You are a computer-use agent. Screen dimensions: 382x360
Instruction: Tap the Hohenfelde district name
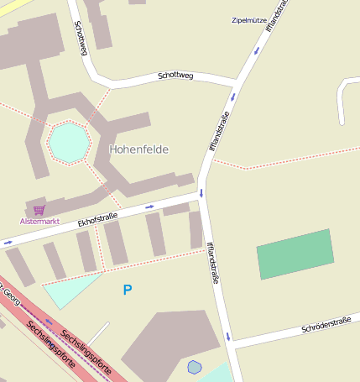[138, 149]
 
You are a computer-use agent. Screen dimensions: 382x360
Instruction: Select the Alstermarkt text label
[40, 221]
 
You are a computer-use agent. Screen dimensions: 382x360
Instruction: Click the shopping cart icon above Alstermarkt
[39, 210]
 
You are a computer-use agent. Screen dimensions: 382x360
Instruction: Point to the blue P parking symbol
[128, 290]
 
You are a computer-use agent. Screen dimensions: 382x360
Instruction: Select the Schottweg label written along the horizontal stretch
[175, 76]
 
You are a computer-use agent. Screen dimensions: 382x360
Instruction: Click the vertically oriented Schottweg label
[81, 39]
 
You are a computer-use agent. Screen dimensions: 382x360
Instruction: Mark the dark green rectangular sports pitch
[295, 254]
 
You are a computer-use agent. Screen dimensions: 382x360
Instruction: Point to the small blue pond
[195, 367]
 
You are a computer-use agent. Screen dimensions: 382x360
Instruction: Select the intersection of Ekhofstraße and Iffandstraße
[201, 196]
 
